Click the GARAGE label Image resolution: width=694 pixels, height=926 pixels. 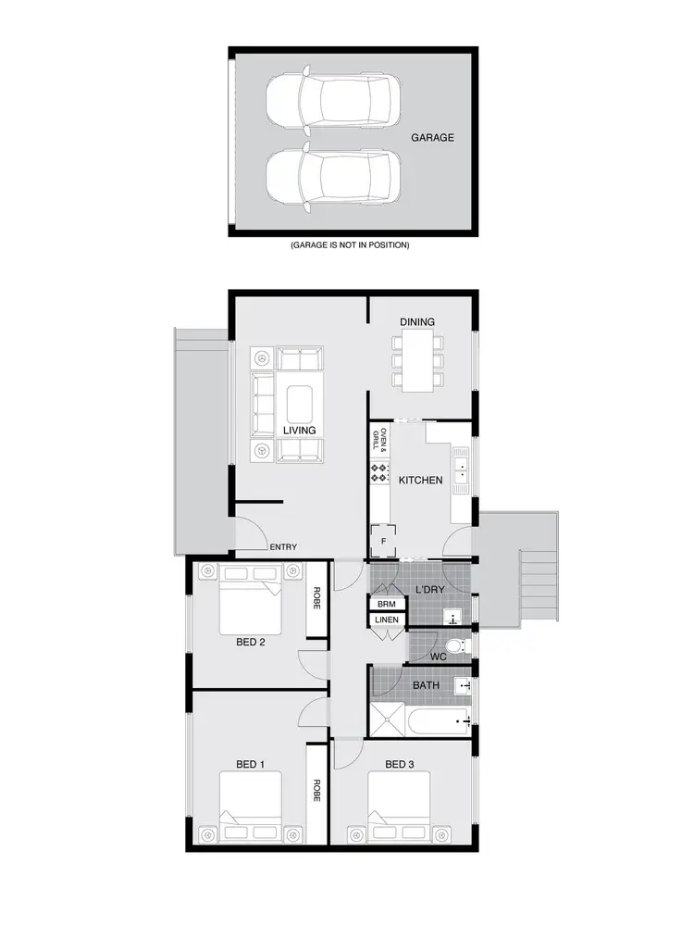click(x=432, y=137)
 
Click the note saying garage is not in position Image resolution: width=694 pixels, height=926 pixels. click(x=350, y=245)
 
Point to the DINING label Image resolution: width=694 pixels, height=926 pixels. click(x=417, y=321)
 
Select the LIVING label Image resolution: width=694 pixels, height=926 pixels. click(x=300, y=431)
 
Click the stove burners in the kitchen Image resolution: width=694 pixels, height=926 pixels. click(x=378, y=472)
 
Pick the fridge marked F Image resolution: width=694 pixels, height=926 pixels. click(x=382, y=541)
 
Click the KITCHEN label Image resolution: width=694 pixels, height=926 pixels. click(x=420, y=481)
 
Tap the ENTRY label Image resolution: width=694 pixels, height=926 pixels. click(x=283, y=547)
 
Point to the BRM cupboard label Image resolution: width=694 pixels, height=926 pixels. click(x=386, y=604)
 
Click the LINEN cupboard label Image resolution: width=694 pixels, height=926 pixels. click(x=386, y=619)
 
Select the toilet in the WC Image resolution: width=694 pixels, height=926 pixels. click(x=454, y=644)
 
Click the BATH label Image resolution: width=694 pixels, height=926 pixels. click(x=426, y=684)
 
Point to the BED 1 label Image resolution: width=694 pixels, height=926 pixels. click(x=251, y=764)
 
